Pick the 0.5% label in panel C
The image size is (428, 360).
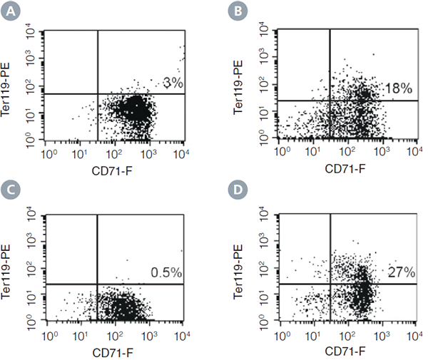coord(166,272)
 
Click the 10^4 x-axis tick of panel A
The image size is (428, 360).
coord(183,153)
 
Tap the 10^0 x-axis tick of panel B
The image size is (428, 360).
coord(282,152)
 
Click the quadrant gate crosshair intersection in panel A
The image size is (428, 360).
coord(96,94)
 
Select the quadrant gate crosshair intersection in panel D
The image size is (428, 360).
coord(331,284)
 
